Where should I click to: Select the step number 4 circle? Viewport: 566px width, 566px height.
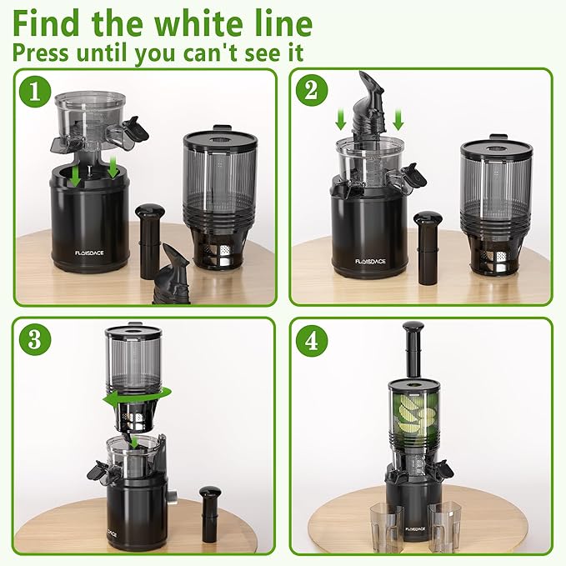pyautogui.click(x=314, y=342)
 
